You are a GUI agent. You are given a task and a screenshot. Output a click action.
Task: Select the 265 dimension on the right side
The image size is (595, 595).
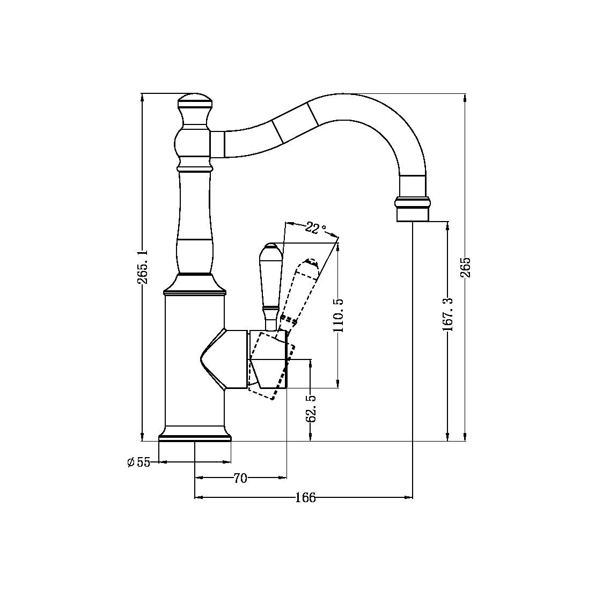pos(465,267)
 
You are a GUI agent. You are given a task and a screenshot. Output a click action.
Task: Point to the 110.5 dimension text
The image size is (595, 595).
pos(338,316)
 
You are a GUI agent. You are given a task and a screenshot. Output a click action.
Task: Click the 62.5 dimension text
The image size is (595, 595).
pos(311,408)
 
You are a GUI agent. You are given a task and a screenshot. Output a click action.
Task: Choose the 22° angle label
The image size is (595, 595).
pos(315,228)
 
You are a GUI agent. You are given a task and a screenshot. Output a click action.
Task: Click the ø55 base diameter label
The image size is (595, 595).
pos(139,462)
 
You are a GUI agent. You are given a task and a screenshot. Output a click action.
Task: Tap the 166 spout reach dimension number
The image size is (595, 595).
pos(305,498)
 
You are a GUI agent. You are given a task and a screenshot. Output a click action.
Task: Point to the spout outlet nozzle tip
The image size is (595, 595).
pos(413,215)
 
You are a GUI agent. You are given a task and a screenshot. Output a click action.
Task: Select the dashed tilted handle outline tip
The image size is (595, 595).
pos(310,262)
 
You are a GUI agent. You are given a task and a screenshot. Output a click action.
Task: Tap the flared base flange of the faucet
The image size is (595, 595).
pos(195,434)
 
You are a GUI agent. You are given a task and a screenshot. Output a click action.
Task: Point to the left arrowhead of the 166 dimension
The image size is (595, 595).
pos(197,498)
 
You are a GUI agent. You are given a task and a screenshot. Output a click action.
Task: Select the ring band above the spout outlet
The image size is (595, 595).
pos(413,203)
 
